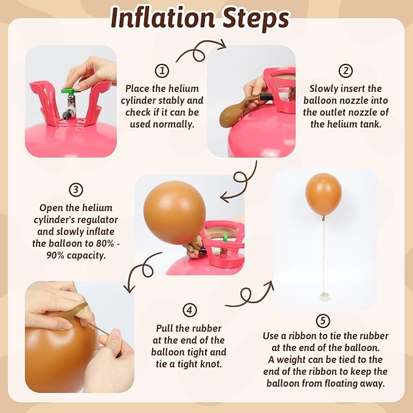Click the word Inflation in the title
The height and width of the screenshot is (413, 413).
[162, 18]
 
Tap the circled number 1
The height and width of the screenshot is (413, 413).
[162, 71]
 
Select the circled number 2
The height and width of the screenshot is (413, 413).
[345, 71]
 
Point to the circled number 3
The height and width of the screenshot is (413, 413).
[76, 190]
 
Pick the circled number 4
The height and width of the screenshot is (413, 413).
[189, 310]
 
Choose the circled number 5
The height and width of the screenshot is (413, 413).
[322, 321]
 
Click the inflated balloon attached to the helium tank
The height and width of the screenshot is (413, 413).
[175, 212]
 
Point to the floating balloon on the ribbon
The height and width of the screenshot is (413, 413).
[324, 195]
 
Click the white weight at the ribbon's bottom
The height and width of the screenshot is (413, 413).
[324, 297]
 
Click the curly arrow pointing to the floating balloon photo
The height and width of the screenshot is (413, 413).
[248, 296]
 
